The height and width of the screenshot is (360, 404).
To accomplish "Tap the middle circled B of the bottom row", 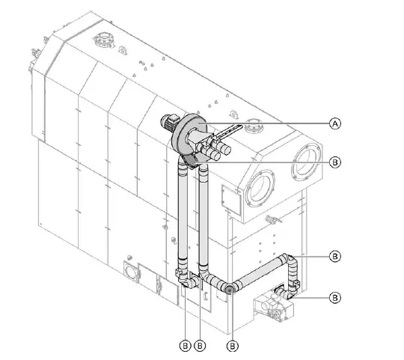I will point(201,346).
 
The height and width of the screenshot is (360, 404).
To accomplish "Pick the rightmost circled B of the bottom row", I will point(233,346).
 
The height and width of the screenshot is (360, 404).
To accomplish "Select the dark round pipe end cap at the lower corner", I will point(229,287).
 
